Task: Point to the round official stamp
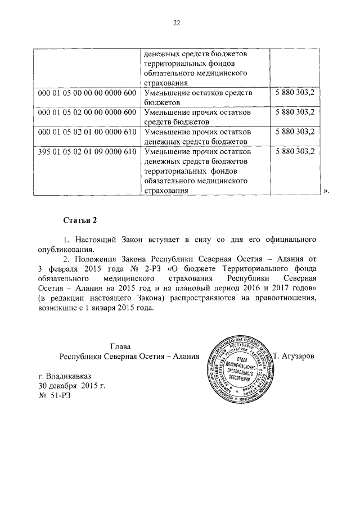coord(239,371)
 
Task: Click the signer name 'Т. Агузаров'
coord(296,357)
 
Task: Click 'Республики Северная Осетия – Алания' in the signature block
coord(121,357)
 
